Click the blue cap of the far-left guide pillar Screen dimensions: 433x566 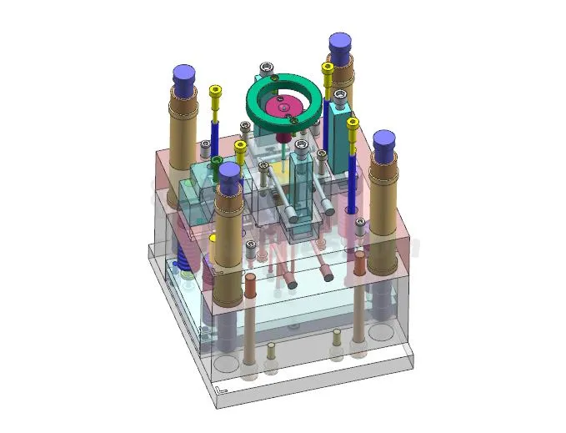[185, 76]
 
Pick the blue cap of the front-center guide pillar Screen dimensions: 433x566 [229, 173]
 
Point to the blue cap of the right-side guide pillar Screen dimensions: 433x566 [383, 143]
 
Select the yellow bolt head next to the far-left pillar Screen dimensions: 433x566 [216, 91]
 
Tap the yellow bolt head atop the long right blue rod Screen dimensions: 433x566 [353, 124]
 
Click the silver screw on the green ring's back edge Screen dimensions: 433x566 [266, 67]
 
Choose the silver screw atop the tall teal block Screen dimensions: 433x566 [340, 96]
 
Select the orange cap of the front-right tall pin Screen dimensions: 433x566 [359, 261]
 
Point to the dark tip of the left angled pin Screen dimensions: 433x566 [292, 284]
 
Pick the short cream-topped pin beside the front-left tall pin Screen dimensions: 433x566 [271, 349]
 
